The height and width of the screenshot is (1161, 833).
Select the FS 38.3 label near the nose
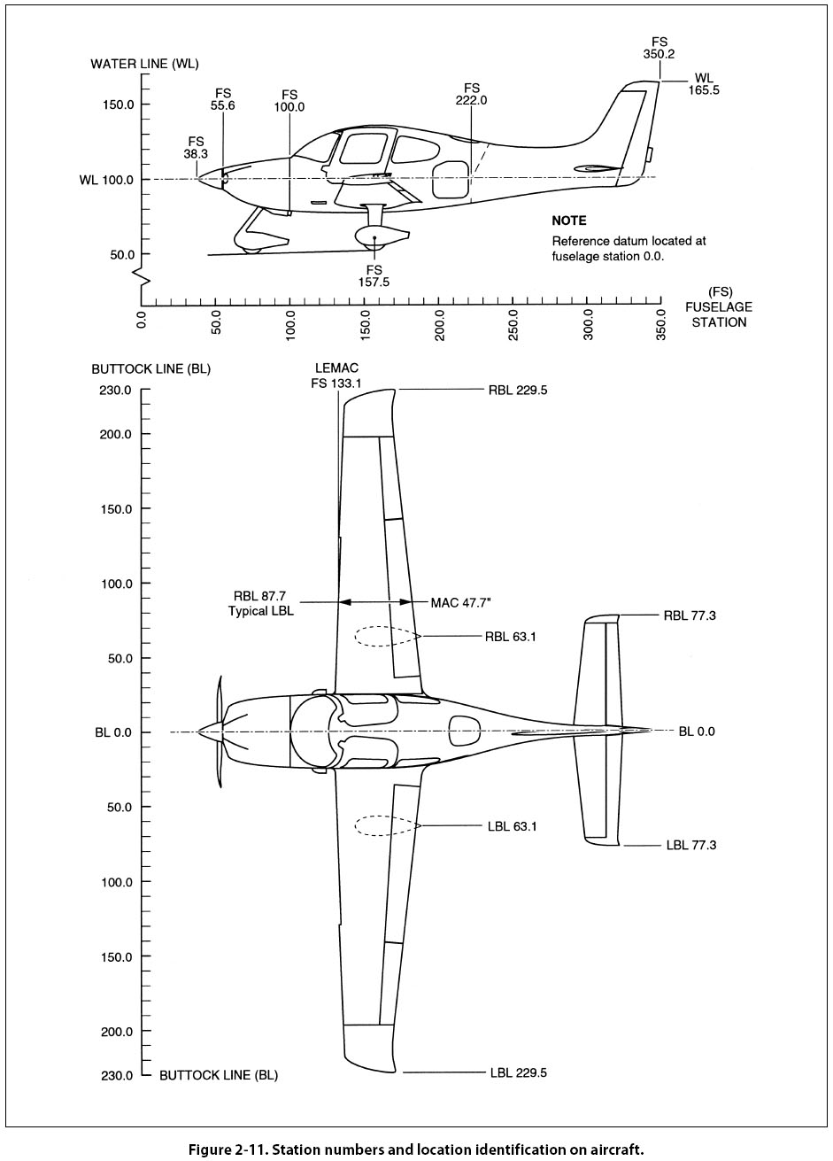(196, 146)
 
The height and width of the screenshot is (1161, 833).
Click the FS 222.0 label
(471, 94)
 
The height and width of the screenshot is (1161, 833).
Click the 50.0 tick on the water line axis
(119, 254)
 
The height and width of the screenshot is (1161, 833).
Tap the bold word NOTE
(568, 221)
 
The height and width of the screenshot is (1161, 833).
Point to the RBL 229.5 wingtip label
(517, 389)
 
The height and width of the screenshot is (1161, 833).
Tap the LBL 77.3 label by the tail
(690, 845)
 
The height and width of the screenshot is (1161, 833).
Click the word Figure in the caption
(211, 1149)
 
